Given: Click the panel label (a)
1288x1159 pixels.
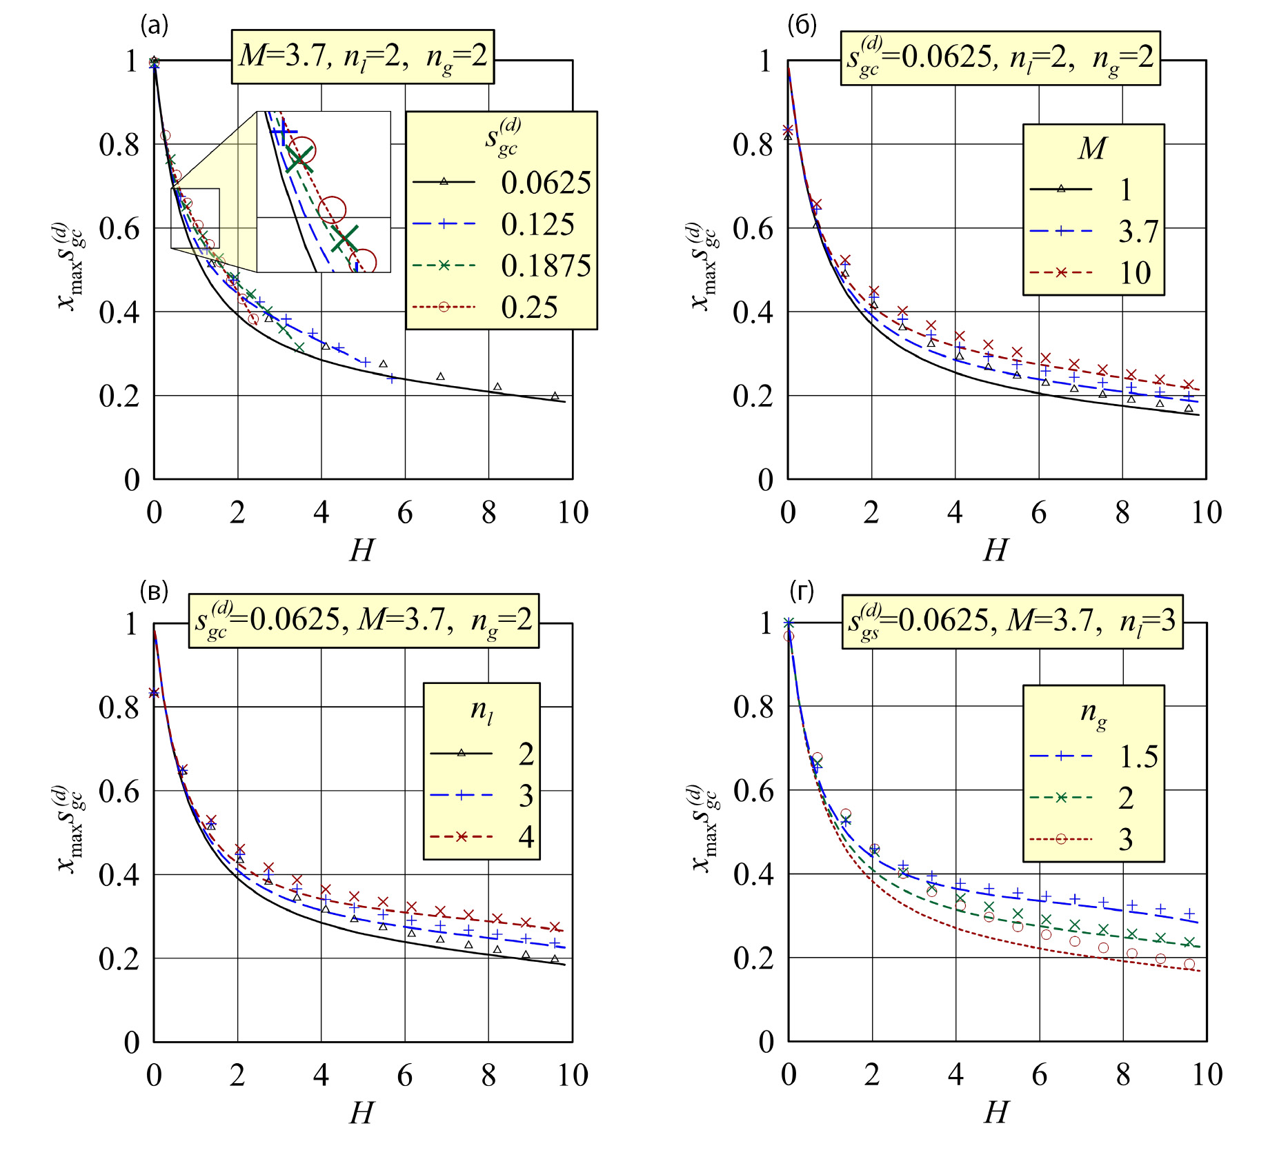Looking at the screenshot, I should point(155,26).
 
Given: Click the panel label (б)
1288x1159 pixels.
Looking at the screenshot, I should point(802,26).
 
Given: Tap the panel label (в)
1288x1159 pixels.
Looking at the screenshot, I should point(154,591).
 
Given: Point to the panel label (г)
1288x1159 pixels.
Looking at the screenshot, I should point(802,591).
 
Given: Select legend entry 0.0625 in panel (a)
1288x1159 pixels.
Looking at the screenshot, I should point(545,183).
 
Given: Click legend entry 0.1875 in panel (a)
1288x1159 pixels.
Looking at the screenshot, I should point(545,265).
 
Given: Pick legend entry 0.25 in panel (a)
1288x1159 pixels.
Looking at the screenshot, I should point(529,308).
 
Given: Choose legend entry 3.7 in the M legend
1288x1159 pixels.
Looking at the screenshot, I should point(1138,231).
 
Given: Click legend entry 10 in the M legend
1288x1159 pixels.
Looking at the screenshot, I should point(1135,273).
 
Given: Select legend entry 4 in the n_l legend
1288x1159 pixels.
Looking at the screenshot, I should point(526,837).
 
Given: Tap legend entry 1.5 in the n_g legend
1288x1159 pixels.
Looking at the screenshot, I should point(1138,756).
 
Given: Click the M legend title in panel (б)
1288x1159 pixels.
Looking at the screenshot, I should point(1093,148).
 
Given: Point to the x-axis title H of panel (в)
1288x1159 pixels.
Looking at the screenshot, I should point(361,1113).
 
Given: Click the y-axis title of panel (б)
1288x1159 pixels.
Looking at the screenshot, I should point(704,267).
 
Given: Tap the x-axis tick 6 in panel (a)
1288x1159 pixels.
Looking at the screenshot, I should point(405,512).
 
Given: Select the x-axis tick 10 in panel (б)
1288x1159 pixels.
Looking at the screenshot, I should point(1207,512).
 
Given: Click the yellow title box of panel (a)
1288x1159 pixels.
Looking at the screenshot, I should point(363,57).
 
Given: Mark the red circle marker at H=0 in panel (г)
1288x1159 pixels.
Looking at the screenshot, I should point(789,636).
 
